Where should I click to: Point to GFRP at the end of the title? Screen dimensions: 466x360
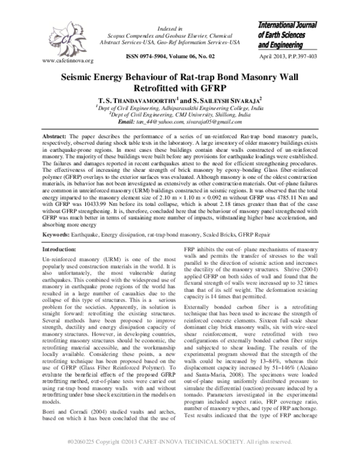tap(235, 90)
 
